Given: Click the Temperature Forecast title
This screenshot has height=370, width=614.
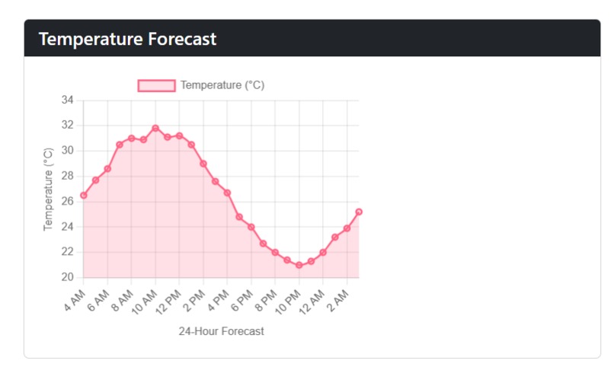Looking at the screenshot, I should (127, 39).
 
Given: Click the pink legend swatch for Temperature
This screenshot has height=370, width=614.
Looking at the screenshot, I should (156, 85).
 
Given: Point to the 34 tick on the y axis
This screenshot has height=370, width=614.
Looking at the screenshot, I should (67, 100).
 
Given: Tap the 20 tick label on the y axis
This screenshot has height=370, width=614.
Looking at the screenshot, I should (67, 277).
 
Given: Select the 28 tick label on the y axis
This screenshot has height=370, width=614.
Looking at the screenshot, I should (67, 176).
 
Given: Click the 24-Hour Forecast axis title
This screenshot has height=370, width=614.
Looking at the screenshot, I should (221, 331).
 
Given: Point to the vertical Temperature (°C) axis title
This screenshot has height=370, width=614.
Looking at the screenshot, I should (49, 190).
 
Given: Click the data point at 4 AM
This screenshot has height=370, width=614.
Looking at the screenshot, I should (84, 195).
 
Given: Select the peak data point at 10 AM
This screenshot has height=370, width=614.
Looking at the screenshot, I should (155, 128).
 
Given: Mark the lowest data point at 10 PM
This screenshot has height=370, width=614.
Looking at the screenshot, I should (299, 265).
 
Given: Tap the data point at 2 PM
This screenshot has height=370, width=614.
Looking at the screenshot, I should (203, 164).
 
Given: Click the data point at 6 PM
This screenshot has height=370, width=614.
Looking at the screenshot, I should (251, 227).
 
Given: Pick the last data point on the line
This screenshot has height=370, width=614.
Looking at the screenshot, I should (359, 212).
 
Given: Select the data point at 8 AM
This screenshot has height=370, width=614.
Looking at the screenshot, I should (132, 138).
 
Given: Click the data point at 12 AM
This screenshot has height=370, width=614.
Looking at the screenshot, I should (323, 252).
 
